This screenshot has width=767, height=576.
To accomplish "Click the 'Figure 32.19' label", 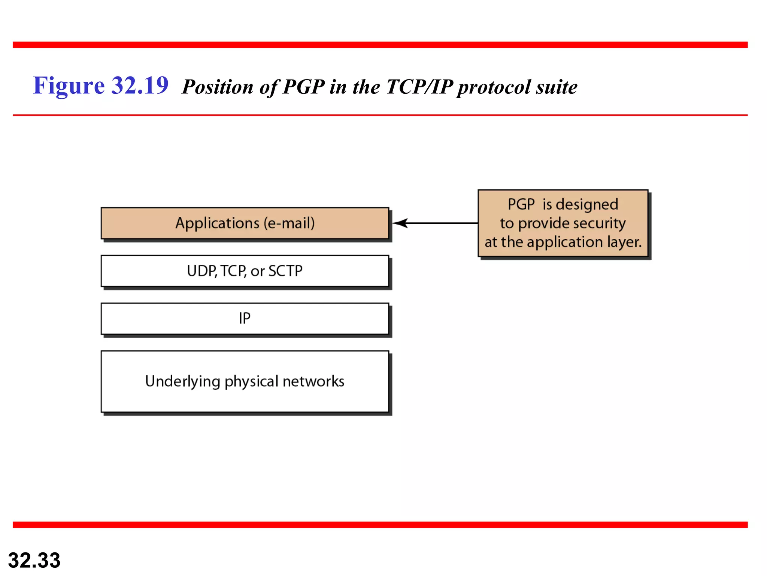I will pos(100,85).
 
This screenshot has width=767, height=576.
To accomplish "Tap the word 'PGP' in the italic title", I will pos(303,87).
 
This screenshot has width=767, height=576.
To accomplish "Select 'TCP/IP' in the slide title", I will pos(419,87).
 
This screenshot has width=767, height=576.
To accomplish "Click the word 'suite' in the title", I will pos(557,87).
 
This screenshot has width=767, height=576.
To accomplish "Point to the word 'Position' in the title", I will pos(218,87).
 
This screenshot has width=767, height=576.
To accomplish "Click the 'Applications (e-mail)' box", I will pos(245,223).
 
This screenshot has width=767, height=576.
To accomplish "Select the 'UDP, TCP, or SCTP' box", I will pos(245,271).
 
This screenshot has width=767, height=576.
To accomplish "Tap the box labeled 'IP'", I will pos(245,318).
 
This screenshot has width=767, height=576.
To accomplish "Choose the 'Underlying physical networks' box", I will pos(245,381).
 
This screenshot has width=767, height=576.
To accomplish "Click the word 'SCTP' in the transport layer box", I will pos(285,271).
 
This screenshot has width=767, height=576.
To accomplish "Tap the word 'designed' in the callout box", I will pos(587,205).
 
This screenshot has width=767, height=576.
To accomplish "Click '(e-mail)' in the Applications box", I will pos(289,223).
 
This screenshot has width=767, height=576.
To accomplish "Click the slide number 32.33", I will pos(34,560).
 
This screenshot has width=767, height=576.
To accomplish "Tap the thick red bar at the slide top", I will pos(380,45).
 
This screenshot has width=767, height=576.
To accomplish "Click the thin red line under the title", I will pos(380,115).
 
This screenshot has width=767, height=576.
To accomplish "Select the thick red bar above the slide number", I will pos(380,525).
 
